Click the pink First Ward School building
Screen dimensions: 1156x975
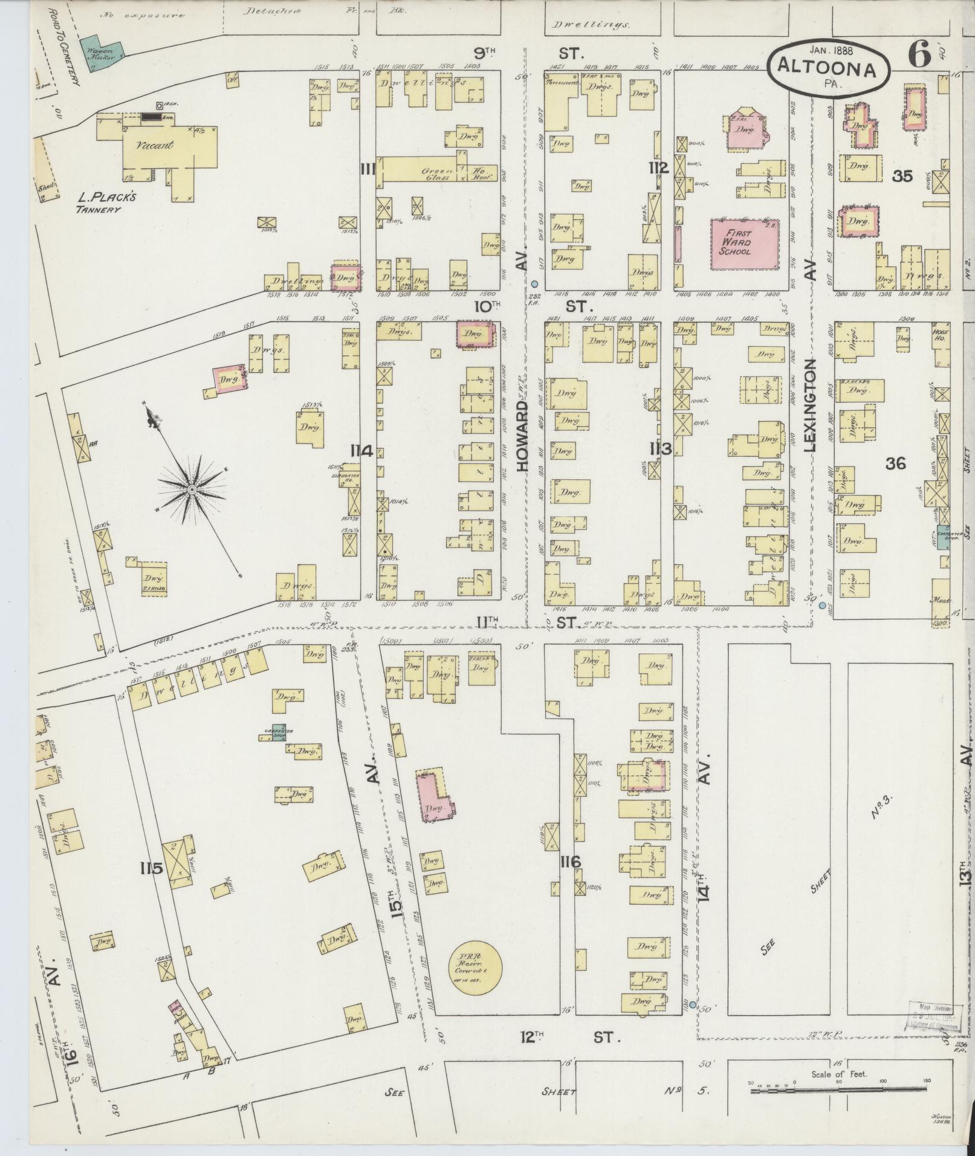pos(743,244)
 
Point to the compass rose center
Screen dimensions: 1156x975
pos(192,489)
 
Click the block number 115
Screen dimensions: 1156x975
pos(151,869)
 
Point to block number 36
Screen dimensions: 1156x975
pos(895,463)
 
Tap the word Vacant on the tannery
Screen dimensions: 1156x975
pos(155,145)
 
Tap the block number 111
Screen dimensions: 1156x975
pos(368,169)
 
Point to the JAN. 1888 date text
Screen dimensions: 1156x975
pos(832,51)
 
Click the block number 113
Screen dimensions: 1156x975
pos(661,448)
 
